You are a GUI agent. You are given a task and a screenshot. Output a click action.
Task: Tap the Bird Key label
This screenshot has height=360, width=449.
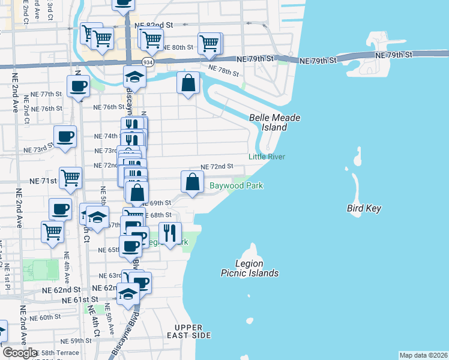point(364,209)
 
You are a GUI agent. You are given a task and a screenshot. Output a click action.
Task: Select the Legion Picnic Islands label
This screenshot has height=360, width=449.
point(249,268)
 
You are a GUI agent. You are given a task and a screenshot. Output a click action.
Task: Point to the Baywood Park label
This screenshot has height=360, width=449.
point(236,186)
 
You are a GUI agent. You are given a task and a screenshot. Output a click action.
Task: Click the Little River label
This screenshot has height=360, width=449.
point(267,157)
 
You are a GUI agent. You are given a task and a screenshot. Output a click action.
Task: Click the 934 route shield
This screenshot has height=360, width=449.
point(147,62)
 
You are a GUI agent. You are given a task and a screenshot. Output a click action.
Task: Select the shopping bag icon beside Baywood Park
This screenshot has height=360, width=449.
point(191,182)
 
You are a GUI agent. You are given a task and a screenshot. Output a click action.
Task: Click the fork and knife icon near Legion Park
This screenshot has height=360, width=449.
point(170,233)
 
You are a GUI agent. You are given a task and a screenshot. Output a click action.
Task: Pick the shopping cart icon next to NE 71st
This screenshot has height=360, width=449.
point(71,178)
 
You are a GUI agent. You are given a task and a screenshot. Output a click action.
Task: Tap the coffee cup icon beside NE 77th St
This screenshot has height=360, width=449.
point(78,86)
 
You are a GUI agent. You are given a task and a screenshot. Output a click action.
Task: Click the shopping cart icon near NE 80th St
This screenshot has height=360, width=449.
point(209,43)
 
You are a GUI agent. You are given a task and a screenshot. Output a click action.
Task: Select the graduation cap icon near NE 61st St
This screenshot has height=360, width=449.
point(128,294)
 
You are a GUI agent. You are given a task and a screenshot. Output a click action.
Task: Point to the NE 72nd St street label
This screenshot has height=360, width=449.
point(216,166)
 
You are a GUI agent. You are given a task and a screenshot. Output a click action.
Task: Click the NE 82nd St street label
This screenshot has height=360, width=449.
point(154,25)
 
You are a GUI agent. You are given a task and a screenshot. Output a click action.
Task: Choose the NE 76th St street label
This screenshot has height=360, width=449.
point(108,107)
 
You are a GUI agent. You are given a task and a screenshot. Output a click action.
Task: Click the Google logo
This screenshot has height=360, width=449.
point(20,352)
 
